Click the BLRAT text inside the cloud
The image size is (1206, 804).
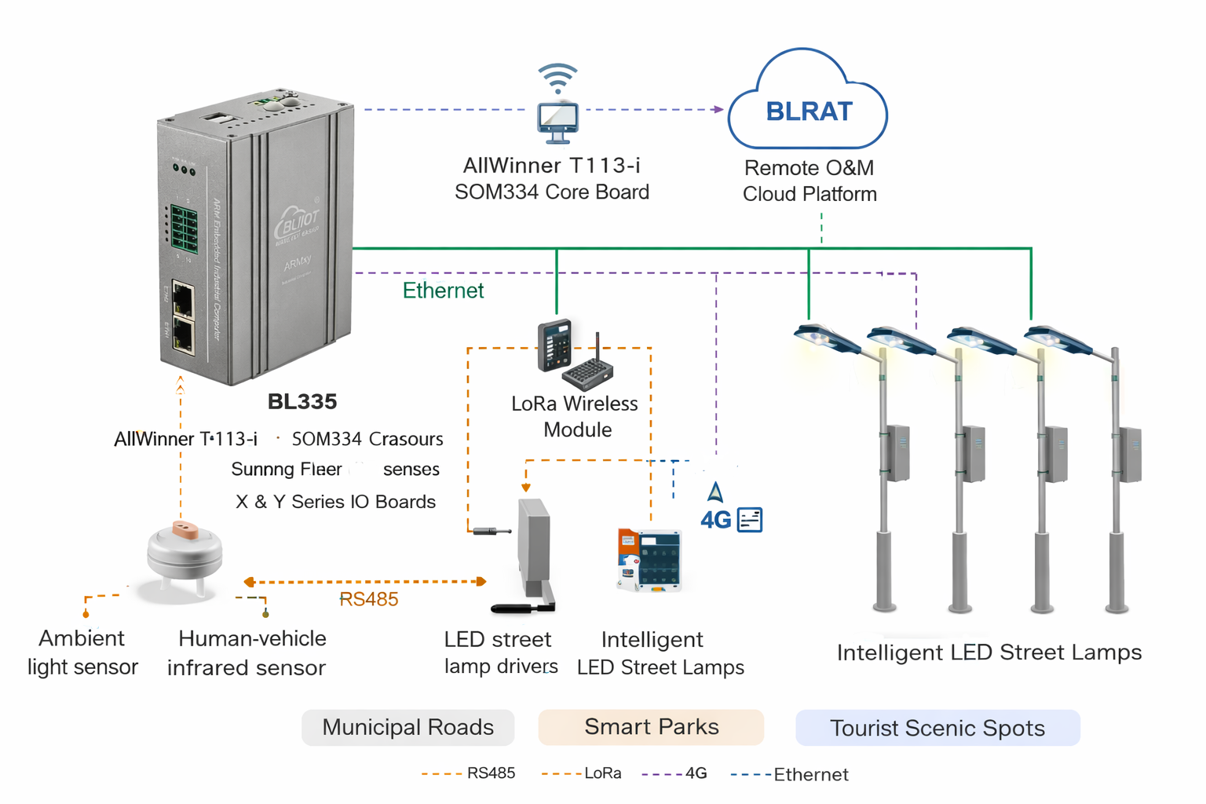pyautogui.click(x=809, y=111)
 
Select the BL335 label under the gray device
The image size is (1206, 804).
pyautogui.click(x=302, y=401)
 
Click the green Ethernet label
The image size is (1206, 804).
pyautogui.click(x=443, y=291)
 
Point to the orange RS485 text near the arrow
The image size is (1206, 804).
pyautogui.click(x=369, y=599)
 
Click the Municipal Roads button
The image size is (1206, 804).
pyautogui.click(x=407, y=727)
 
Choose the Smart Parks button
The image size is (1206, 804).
pyautogui.click(x=651, y=727)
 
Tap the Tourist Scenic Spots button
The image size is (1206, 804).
pyautogui.click(x=937, y=728)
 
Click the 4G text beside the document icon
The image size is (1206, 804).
pyautogui.click(x=715, y=520)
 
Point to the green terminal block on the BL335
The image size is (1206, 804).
pyautogui.click(x=184, y=228)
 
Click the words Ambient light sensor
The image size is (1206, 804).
pyautogui.click(x=82, y=652)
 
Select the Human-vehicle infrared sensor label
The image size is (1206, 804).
pyautogui.click(x=247, y=652)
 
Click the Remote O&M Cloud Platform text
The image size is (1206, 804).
pyautogui.click(x=809, y=181)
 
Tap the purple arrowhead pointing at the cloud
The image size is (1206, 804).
pyautogui.click(x=718, y=109)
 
